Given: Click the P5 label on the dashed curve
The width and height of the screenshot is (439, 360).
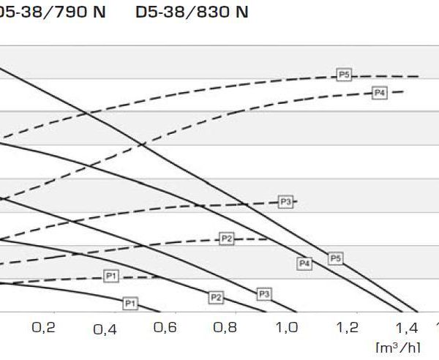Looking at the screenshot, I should point(345,74).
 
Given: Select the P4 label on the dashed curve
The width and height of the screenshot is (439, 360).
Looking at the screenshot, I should point(379,92).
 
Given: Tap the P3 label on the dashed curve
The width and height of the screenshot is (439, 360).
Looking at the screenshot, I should point(285,201).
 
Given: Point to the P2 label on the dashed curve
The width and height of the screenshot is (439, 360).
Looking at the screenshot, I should point(227,239).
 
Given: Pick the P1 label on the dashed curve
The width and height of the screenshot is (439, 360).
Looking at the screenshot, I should point(111,276).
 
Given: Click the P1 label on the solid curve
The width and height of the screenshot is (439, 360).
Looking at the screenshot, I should point(130,302).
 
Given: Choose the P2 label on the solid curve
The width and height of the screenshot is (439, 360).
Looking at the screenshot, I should point(216,297).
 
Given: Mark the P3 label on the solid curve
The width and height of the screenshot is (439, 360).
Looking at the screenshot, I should point(265,293).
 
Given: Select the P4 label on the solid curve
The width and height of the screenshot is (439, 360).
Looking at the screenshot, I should point(304,263).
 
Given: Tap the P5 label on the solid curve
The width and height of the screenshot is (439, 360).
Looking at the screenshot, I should point(335,258).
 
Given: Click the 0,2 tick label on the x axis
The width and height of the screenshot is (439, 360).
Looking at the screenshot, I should point(44,328).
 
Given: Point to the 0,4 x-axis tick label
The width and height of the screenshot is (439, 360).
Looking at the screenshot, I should point(105,329).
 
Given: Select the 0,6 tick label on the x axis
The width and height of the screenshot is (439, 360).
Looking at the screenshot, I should point(165,328).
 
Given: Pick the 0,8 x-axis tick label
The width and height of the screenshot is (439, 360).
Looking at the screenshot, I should point(225,328).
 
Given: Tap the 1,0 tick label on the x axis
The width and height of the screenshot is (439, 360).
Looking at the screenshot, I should point(286,328).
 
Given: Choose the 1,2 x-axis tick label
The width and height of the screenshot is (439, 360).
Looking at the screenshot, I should point(347,328).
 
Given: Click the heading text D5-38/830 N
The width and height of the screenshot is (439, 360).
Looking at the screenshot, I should point(192,13).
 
